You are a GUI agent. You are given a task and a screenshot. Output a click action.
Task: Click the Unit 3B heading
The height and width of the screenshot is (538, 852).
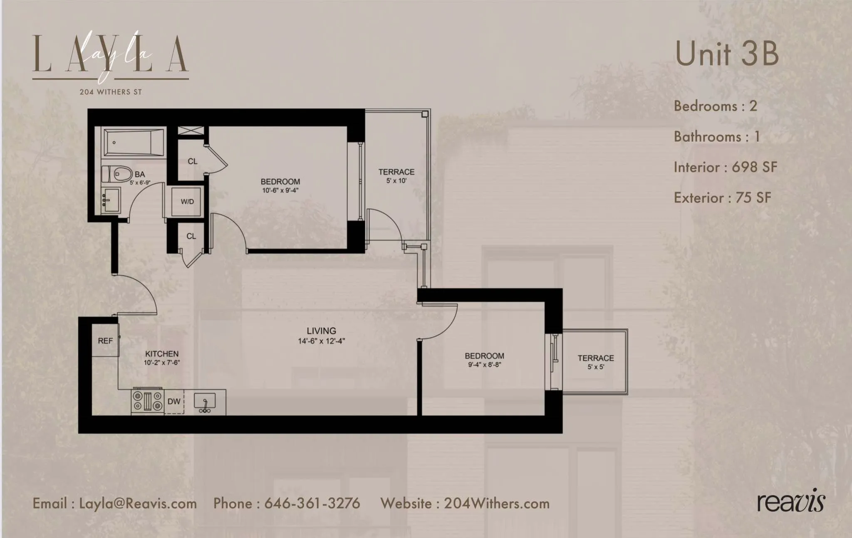click(726, 54)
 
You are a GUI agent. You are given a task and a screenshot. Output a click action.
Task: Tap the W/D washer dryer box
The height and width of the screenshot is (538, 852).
click(187, 202)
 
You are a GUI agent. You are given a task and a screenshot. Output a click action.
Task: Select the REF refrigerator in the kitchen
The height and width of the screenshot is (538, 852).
click(105, 341)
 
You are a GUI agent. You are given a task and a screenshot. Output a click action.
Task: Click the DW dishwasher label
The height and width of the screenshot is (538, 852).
click(174, 402)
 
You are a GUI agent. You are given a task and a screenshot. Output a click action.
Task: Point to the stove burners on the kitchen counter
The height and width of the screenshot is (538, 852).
click(147, 401)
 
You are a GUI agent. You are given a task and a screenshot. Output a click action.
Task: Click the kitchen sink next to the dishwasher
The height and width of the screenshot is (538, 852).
click(205, 402)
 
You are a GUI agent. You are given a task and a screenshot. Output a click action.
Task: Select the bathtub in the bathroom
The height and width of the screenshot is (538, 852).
click(134, 143)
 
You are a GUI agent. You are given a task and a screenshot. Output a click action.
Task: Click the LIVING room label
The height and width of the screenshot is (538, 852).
click(321, 331)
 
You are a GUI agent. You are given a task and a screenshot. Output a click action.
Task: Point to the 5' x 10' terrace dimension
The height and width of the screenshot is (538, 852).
click(396, 181)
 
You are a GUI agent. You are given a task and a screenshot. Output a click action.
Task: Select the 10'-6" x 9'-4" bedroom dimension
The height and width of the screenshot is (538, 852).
click(280, 190)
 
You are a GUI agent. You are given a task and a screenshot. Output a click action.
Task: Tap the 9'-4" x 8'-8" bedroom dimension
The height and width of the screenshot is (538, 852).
click(484, 365)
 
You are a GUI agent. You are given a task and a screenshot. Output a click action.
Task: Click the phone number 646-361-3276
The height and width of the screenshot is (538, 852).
click(312, 503)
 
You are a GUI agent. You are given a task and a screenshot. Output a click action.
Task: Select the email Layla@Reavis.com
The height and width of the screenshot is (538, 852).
click(138, 503)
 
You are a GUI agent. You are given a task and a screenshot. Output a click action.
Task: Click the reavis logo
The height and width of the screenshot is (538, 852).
click(790, 502)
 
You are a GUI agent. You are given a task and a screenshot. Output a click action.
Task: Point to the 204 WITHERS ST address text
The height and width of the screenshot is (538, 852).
click(111, 92)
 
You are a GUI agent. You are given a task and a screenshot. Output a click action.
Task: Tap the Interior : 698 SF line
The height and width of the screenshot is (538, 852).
click(725, 167)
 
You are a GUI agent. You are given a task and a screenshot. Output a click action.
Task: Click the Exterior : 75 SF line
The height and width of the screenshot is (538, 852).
click(722, 197)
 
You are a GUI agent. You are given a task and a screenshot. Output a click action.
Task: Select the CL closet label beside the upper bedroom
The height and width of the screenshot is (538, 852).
click(192, 161)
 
